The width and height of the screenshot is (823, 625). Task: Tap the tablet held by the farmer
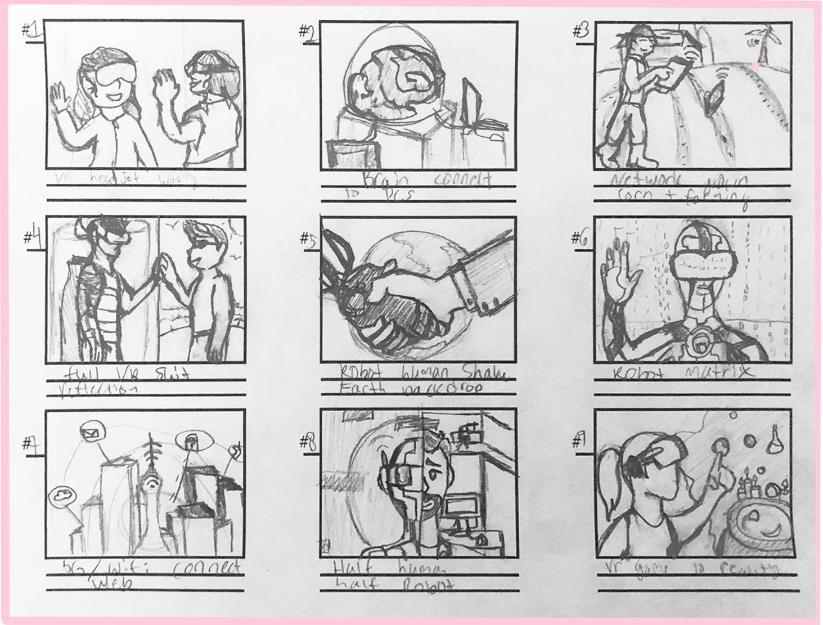[675, 73]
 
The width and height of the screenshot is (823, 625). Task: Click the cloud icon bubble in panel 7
[60, 496]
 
